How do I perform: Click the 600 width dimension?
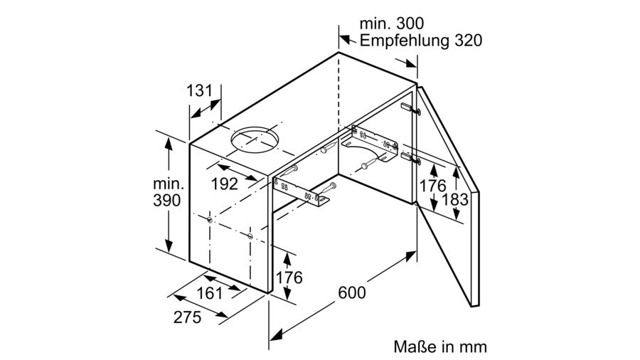coord(352,292)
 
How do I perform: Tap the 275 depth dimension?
coord(187,317)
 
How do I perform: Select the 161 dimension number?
coord(210,292)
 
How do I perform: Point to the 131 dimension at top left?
coord(200,90)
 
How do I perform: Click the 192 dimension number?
coord(225,184)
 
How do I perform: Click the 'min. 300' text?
coord(391,23)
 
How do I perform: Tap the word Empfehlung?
coord(405,41)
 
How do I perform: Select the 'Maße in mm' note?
coord(440,346)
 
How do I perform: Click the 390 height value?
coord(167,200)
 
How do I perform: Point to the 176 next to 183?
coord(433,186)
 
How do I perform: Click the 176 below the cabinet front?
coord(289,277)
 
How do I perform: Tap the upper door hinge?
coord(410,109)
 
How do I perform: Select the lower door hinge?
coord(410,159)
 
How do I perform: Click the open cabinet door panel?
coord(448,195)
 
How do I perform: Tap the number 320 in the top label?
coord(468,41)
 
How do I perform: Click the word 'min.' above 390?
coord(169,184)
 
